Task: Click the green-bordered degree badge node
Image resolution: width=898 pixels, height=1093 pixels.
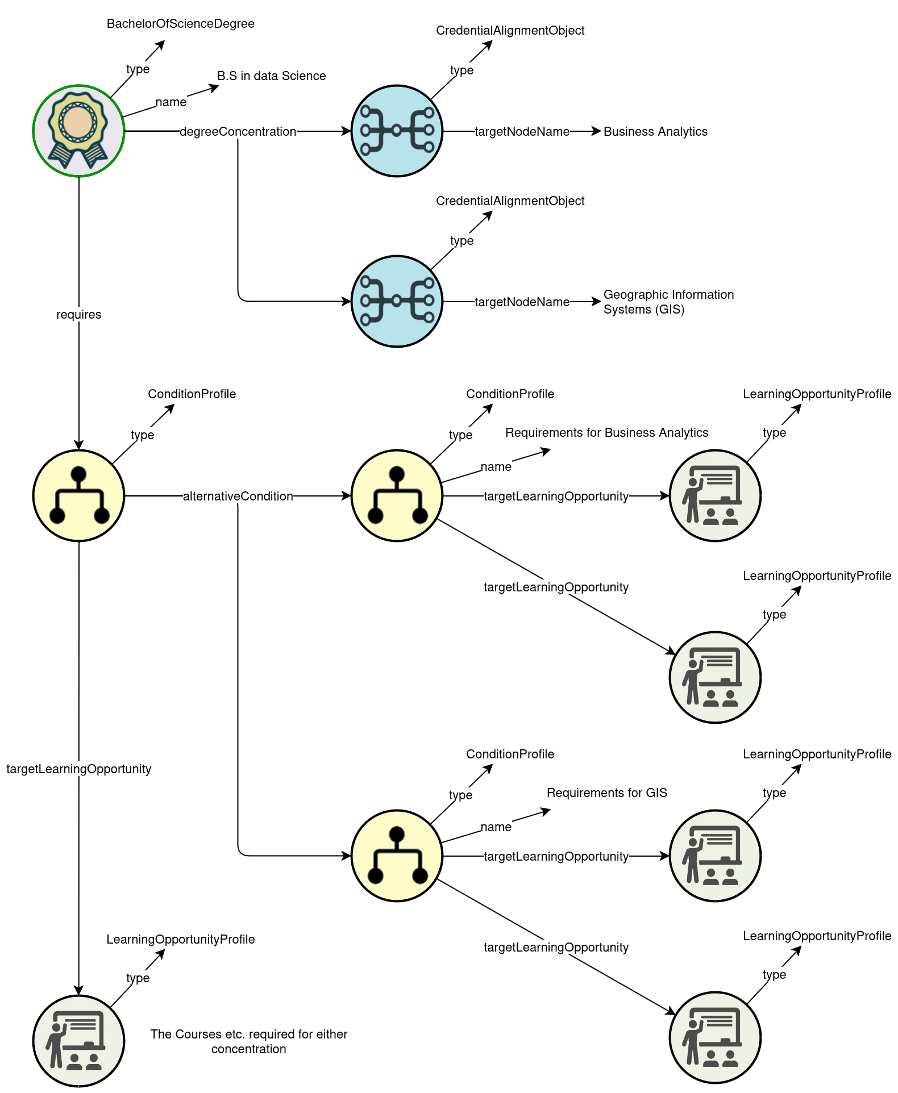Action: [x=78, y=131]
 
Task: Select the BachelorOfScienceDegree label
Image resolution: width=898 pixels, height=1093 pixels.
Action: [x=180, y=24]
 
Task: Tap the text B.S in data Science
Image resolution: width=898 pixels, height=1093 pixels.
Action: [x=271, y=76]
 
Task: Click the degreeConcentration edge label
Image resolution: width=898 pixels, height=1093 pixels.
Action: [x=238, y=132]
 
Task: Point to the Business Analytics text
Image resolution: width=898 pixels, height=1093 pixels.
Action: [x=655, y=132]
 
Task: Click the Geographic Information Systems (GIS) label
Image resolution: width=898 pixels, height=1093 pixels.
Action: [x=668, y=302]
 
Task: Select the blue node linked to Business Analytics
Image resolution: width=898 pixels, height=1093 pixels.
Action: [x=397, y=131]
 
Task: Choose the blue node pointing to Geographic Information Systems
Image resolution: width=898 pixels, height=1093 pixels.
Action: [x=397, y=301]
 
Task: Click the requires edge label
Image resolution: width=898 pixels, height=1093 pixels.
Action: [x=78, y=315]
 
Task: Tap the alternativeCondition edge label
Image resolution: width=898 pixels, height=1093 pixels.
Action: [x=238, y=497]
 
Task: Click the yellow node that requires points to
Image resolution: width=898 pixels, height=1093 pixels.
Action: [x=78, y=495]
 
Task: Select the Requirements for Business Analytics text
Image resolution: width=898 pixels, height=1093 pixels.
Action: [x=606, y=433]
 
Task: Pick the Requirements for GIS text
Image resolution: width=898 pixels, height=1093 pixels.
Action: [x=606, y=793]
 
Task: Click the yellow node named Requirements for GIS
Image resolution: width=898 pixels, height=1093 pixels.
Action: [x=397, y=856]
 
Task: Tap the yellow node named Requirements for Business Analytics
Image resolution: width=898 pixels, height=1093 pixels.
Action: [x=397, y=495]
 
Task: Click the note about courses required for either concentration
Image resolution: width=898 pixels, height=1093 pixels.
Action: [x=248, y=1041]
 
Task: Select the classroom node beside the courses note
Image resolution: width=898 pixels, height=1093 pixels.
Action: [x=78, y=1041]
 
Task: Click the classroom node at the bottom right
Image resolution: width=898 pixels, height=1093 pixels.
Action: [x=715, y=1037]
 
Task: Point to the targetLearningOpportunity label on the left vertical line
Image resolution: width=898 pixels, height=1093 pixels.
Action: [x=78, y=769]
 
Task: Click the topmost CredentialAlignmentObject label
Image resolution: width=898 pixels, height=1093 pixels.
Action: [x=510, y=31]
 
